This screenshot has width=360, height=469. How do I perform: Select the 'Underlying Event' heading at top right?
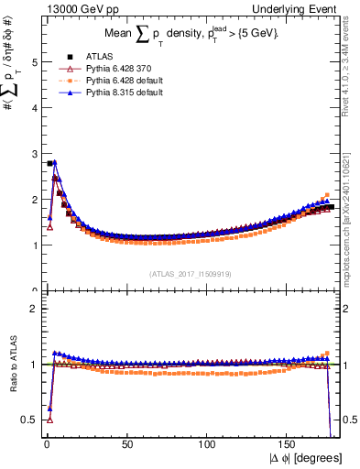point(301,8)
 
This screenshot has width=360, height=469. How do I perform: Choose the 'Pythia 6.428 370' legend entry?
point(115,68)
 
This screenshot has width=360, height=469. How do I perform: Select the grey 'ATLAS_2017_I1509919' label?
point(191,273)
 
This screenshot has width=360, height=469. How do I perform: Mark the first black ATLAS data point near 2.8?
point(49,163)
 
